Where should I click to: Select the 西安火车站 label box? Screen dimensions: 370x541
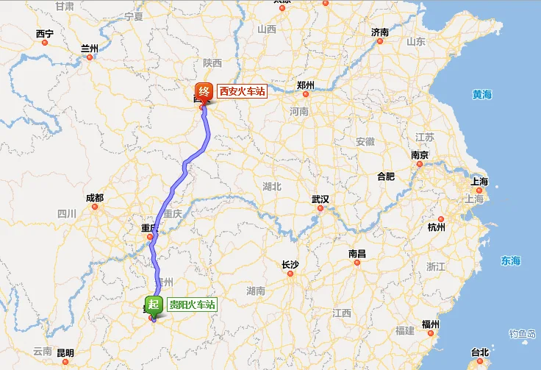point(241,92)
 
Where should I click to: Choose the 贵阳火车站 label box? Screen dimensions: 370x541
point(193,305)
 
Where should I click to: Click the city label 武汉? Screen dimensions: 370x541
point(320,200)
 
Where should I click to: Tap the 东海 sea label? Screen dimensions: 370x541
point(510,260)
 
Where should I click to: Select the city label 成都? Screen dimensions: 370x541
point(95,198)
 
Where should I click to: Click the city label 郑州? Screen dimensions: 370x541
point(306,85)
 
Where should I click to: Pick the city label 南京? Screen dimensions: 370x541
point(420,155)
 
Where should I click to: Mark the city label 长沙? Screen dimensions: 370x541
point(290,264)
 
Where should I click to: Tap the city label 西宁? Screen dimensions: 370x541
point(44,34)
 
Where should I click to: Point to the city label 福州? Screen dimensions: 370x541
point(431,324)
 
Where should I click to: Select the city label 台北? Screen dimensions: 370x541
point(479,352)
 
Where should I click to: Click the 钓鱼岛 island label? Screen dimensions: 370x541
point(523,334)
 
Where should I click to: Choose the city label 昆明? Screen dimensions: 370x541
point(65,353)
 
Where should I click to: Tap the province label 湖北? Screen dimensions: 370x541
point(272,187)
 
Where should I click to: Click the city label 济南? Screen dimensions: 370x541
point(380,32)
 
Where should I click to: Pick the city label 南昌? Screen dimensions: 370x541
point(357,254)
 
